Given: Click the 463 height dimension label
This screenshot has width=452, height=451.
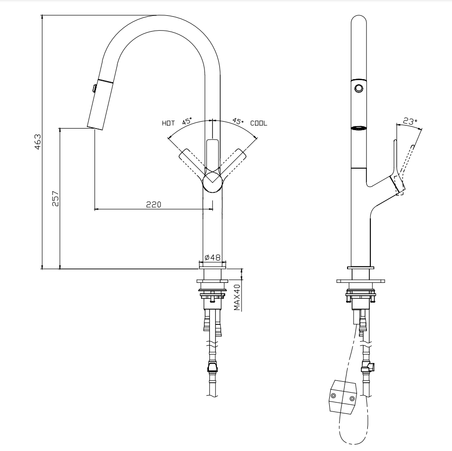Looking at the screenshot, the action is [38, 142].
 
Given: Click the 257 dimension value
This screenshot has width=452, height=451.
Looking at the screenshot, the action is [55, 198].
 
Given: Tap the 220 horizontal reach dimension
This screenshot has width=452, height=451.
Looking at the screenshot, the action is [153, 204].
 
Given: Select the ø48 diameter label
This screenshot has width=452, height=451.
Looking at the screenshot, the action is [212, 257].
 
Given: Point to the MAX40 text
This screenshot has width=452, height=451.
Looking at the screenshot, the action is [237, 298].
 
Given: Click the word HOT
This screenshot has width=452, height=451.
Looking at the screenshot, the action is [168, 123].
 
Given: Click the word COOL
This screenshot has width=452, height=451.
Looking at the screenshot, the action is [258, 123].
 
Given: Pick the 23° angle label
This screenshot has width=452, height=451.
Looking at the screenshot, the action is [409, 121].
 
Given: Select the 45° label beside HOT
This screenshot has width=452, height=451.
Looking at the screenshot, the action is [187, 121].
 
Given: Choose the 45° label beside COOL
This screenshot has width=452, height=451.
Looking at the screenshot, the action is [238, 121].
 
